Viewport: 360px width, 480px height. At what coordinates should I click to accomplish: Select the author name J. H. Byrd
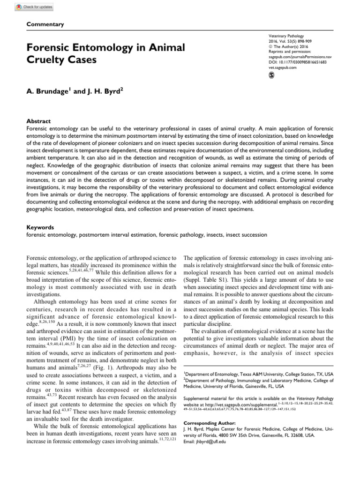pos(100,92)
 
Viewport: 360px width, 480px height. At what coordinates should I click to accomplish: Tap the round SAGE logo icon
pos(271,75)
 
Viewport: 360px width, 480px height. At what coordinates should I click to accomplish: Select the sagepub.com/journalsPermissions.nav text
pos(300,56)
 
